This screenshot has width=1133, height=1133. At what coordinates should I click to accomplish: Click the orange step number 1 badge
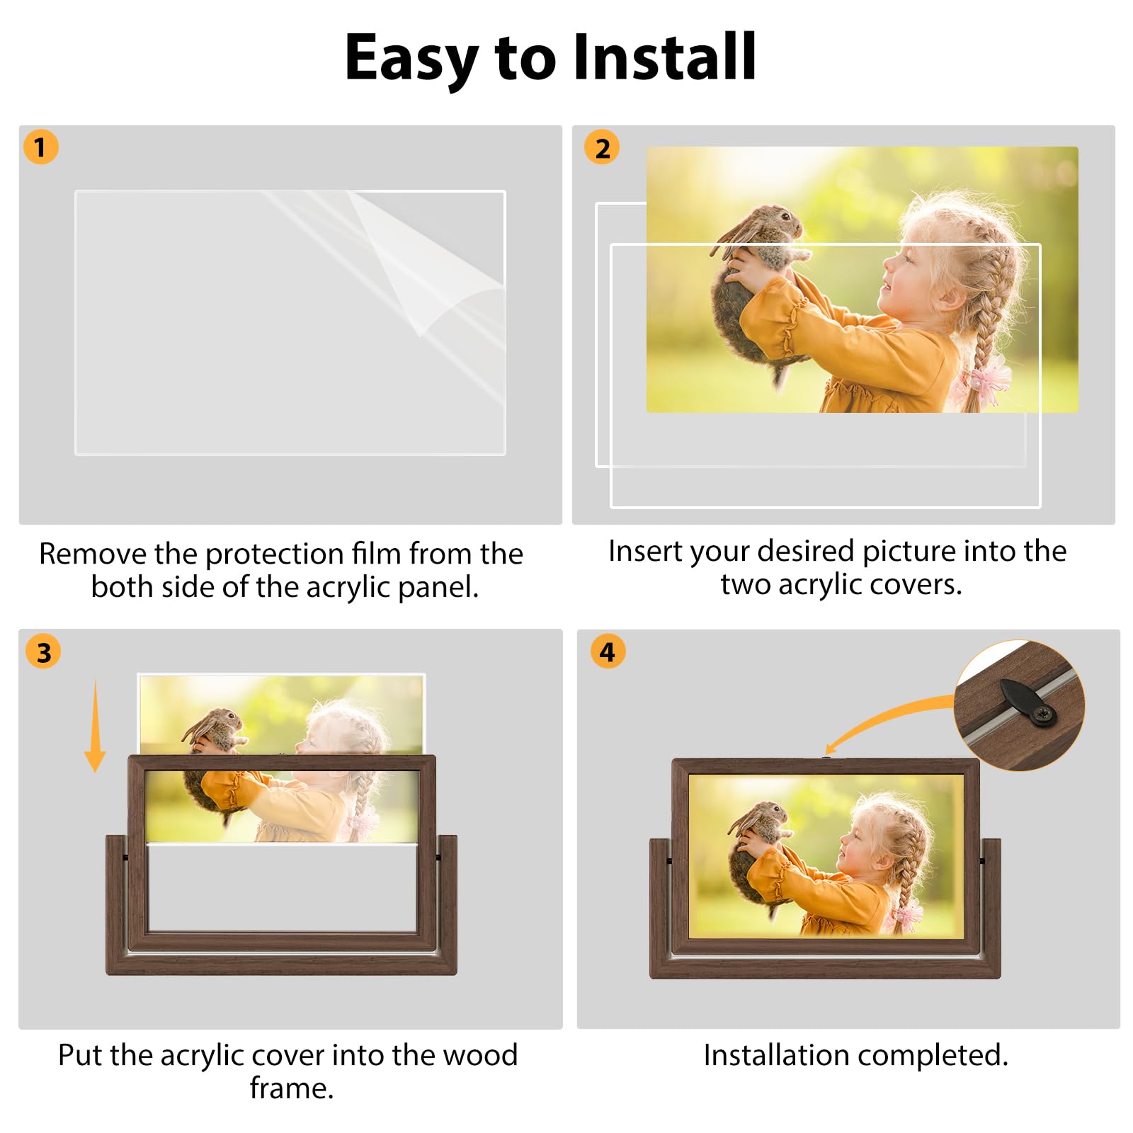click(40, 147)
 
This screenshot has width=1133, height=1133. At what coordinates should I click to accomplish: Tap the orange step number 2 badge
click(602, 147)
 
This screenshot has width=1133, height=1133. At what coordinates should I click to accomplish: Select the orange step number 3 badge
click(43, 651)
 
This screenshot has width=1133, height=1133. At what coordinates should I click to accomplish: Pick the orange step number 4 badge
click(608, 651)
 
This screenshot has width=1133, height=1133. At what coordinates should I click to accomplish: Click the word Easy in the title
click(411, 61)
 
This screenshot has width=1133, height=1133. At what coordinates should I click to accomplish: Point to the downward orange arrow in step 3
click(95, 726)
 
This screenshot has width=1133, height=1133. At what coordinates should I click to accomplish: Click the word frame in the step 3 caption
click(291, 1088)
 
